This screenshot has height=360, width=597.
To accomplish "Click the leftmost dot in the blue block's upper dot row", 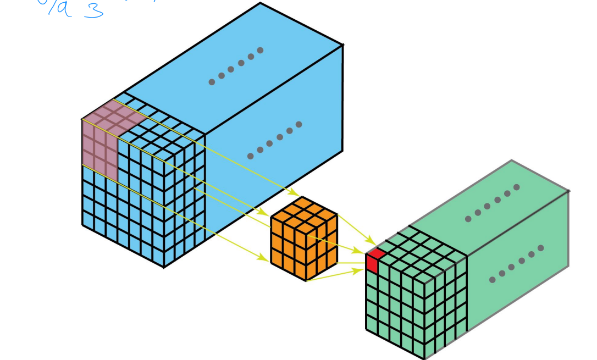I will (x=212, y=82).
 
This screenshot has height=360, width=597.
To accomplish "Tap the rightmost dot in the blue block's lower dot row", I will (x=298, y=124).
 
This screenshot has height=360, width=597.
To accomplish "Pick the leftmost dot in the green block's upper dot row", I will (x=468, y=219).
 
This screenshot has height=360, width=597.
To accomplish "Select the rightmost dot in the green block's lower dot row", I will (x=541, y=248).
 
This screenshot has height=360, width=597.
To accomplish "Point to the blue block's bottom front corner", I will (x=163, y=267).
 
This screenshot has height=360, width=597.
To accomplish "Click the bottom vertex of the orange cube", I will (x=306, y=281).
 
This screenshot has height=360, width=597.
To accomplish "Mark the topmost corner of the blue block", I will (x=261, y=3).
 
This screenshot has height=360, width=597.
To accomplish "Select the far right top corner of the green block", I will (x=568, y=191).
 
